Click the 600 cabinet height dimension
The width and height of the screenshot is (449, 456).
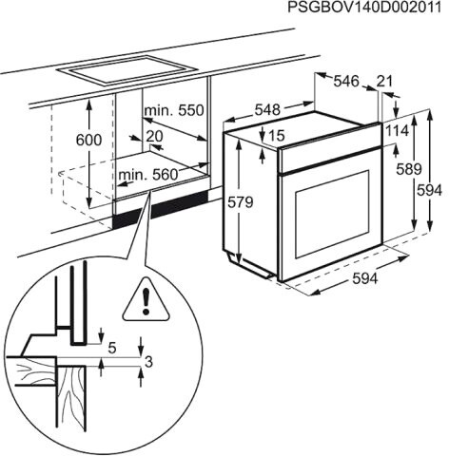click(88, 139)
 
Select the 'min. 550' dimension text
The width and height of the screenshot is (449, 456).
click(174, 111)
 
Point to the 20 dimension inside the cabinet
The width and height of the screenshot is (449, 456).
click(156, 136)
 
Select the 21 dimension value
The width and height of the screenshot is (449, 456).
click(384, 83)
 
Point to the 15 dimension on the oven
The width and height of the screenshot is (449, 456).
click(277, 136)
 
